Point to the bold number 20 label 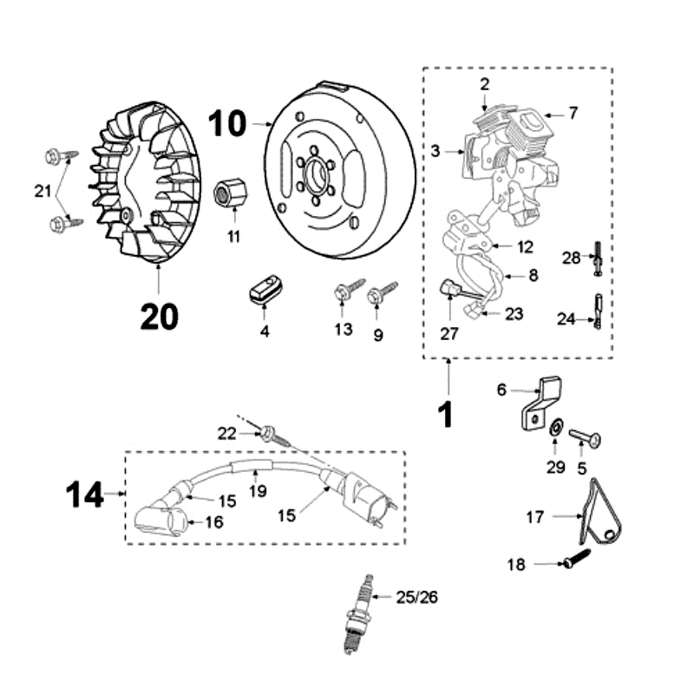[x=160, y=317]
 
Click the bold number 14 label [x=85, y=495]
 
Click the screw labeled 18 [x=574, y=560]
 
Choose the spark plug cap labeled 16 [x=157, y=521]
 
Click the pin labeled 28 [x=598, y=261]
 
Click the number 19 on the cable [x=257, y=492]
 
